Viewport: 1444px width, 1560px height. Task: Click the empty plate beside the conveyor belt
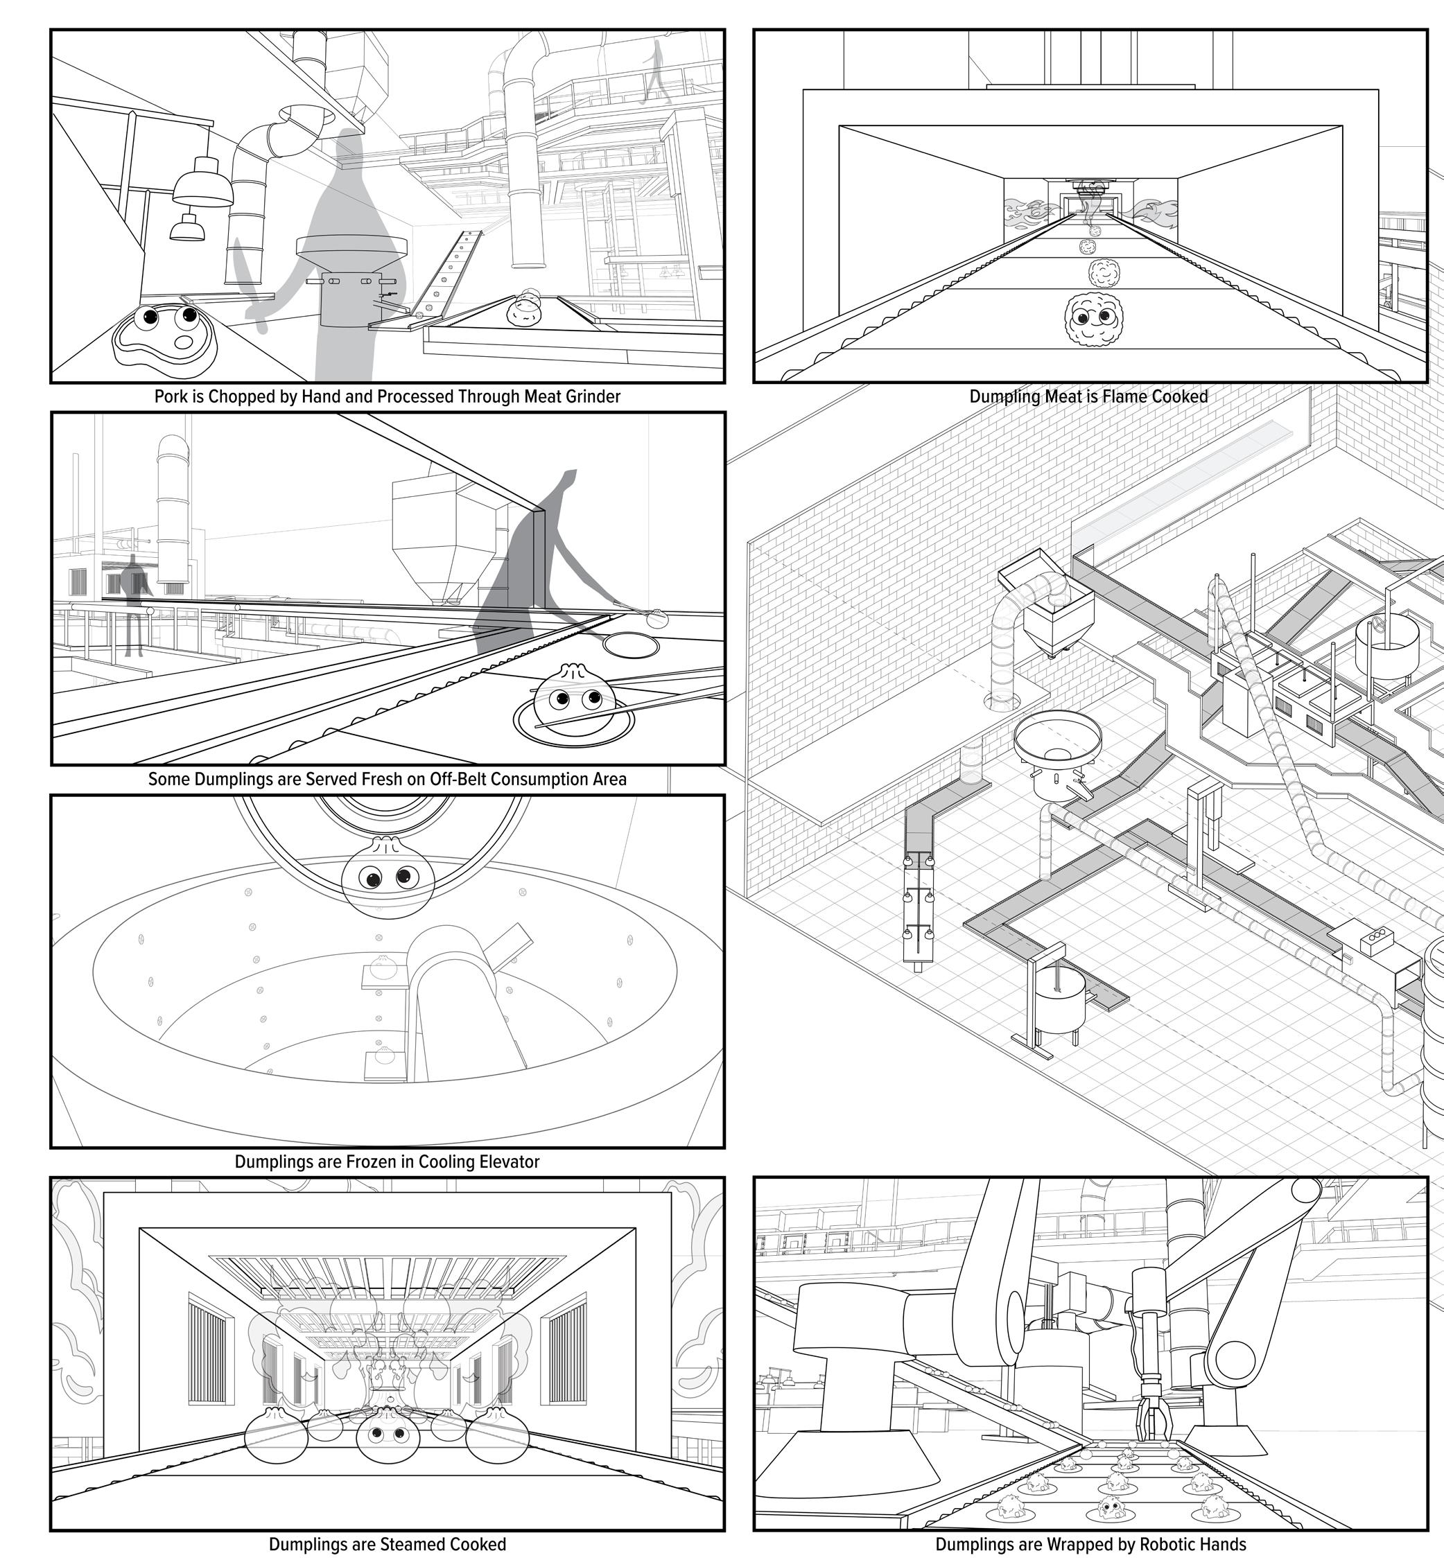tap(632, 646)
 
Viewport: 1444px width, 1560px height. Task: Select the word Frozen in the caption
tap(369, 1162)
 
